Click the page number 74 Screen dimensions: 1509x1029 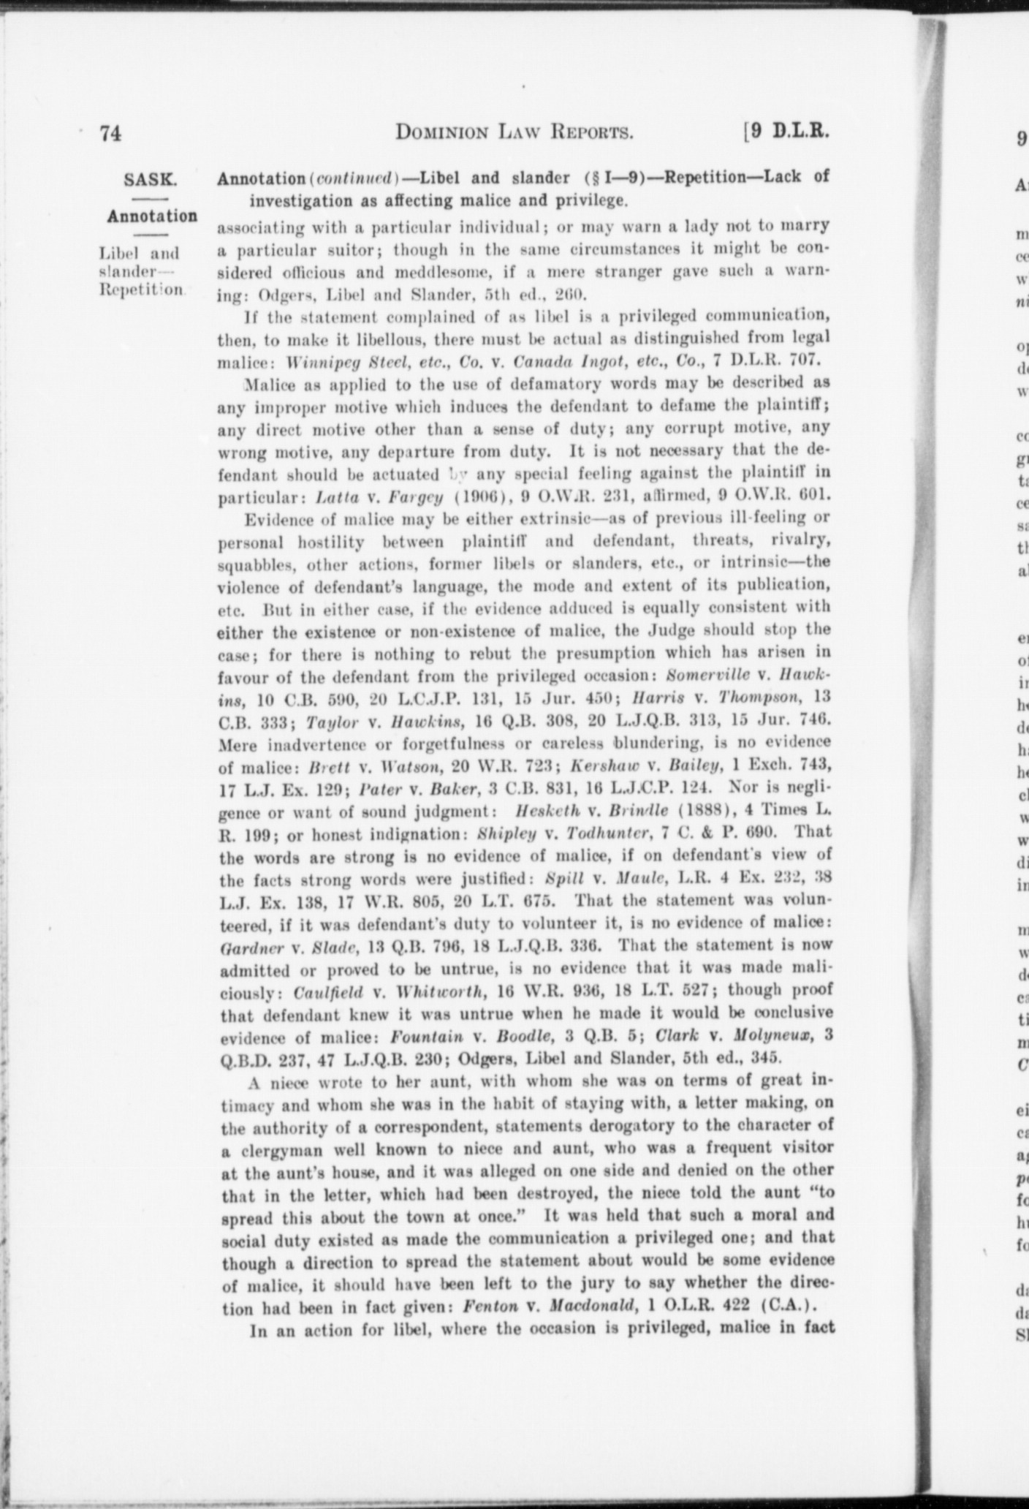pos(110,134)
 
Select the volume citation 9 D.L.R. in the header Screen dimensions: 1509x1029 pos(789,132)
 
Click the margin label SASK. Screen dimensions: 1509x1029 pos(151,179)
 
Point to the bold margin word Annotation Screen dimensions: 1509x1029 pos(152,216)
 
